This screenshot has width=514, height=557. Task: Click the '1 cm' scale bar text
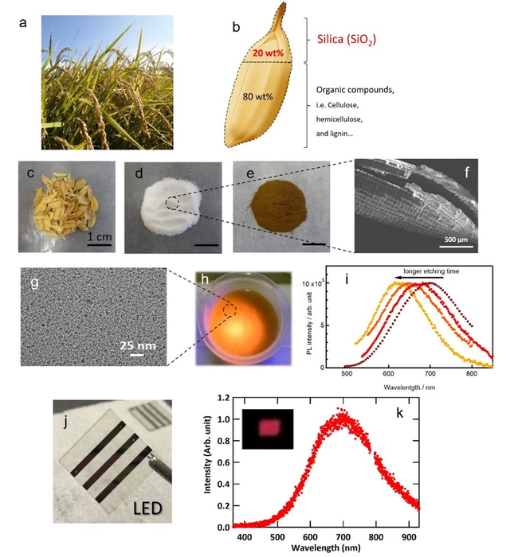[99, 236]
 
